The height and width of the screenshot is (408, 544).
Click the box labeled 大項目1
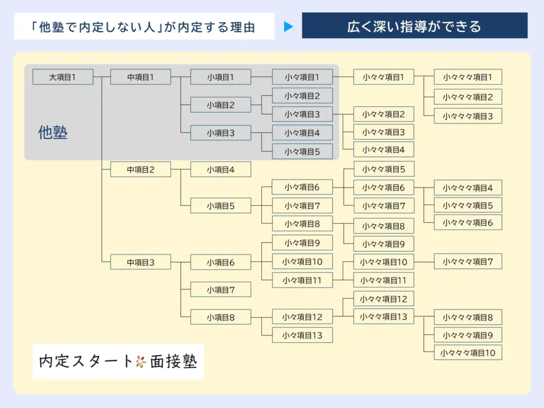click(63, 77)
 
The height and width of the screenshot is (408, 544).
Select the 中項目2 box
click(140, 170)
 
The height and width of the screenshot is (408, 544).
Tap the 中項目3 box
click(140, 262)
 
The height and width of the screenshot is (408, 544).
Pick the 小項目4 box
click(220, 170)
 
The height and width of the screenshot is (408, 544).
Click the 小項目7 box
click(220, 290)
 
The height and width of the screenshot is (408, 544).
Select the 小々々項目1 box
click(384, 77)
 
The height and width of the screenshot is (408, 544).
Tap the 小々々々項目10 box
click(467, 352)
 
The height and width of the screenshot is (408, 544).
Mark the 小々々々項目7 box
click(467, 261)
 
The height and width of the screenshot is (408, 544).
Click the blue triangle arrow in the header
click(288, 27)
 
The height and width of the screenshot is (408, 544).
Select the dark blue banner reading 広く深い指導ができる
click(414, 26)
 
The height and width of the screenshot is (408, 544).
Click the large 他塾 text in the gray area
click(53, 132)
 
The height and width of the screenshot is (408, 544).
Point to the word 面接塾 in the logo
click(173, 362)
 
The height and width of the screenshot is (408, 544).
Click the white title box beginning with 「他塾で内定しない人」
click(144, 27)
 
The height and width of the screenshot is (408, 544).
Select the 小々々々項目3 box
click(467, 116)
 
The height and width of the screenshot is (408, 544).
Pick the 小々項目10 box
click(302, 261)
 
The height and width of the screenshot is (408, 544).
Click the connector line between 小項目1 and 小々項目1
click(261, 77)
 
